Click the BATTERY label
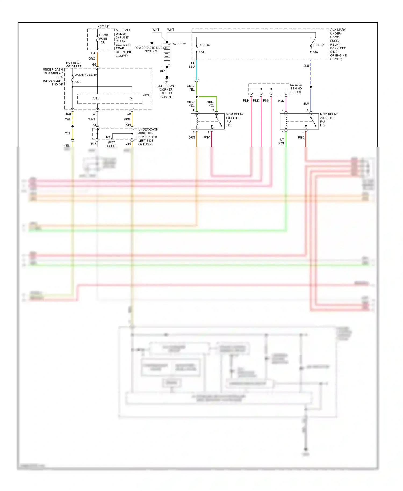point(179,44)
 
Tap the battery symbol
point(167,55)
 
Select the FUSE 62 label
point(204,45)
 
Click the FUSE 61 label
point(318,45)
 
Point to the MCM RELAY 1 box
point(207,121)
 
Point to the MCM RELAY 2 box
point(299,121)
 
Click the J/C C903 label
point(296,85)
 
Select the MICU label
point(146,95)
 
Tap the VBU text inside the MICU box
point(96,99)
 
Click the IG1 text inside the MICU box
point(131,99)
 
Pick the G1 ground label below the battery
point(167,82)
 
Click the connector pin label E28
point(69,114)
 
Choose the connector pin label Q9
point(129,114)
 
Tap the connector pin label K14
point(128,125)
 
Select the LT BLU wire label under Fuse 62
point(192,65)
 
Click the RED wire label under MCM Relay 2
point(301,138)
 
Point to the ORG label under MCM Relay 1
point(192,138)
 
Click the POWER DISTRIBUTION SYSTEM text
point(151,50)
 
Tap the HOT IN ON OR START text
point(74,64)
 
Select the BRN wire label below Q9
point(127,120)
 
